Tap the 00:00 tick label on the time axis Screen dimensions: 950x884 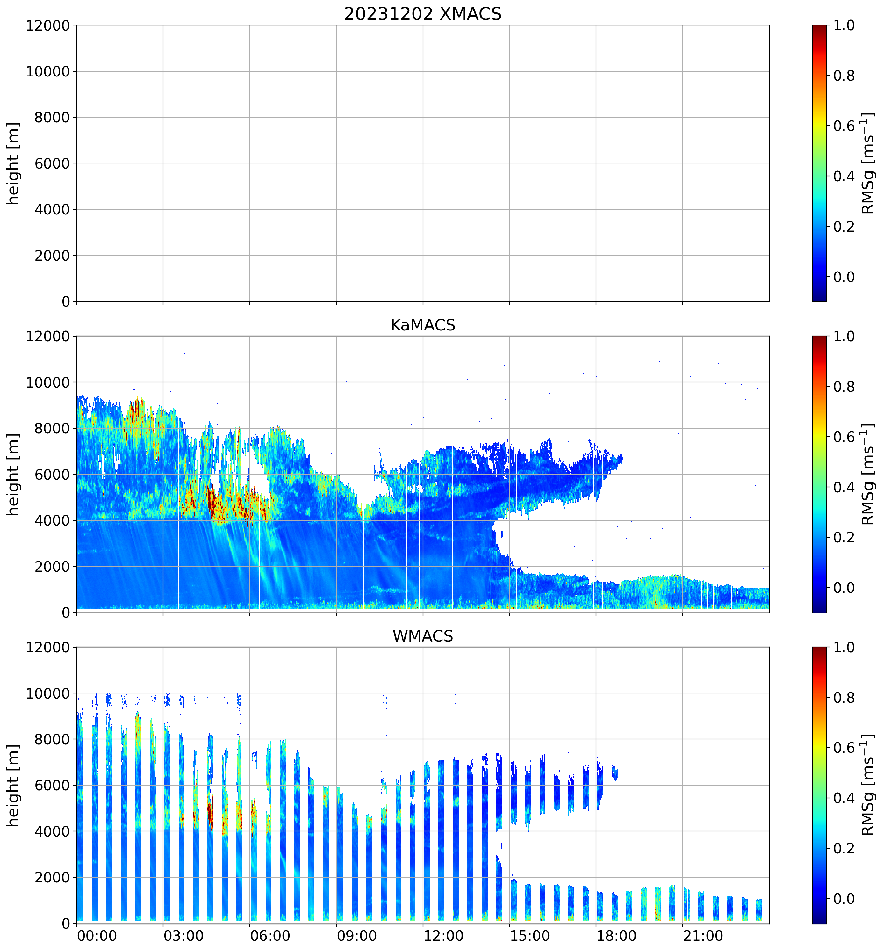[x=97, y=935]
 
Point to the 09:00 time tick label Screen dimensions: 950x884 [x=356, y=935]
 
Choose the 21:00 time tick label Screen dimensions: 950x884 [x=702, y=935]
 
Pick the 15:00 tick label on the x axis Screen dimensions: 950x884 [x=530, y=935]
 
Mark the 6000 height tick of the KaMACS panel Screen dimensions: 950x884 [x=52, y=475]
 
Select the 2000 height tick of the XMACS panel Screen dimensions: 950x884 [x=52, y=256]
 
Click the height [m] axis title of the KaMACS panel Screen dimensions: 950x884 [x=13, y=474]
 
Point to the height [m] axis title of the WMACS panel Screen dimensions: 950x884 [x=13, y=785]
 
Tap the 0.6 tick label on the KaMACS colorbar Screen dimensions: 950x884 [x=844, y=437]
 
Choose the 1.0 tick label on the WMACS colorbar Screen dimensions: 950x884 [x=844, y=648]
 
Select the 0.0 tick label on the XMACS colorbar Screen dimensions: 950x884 [x=844, y=277]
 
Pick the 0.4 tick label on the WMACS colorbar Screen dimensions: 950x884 [x=844, y=798]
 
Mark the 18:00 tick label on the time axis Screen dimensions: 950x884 [x=616, y=935]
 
